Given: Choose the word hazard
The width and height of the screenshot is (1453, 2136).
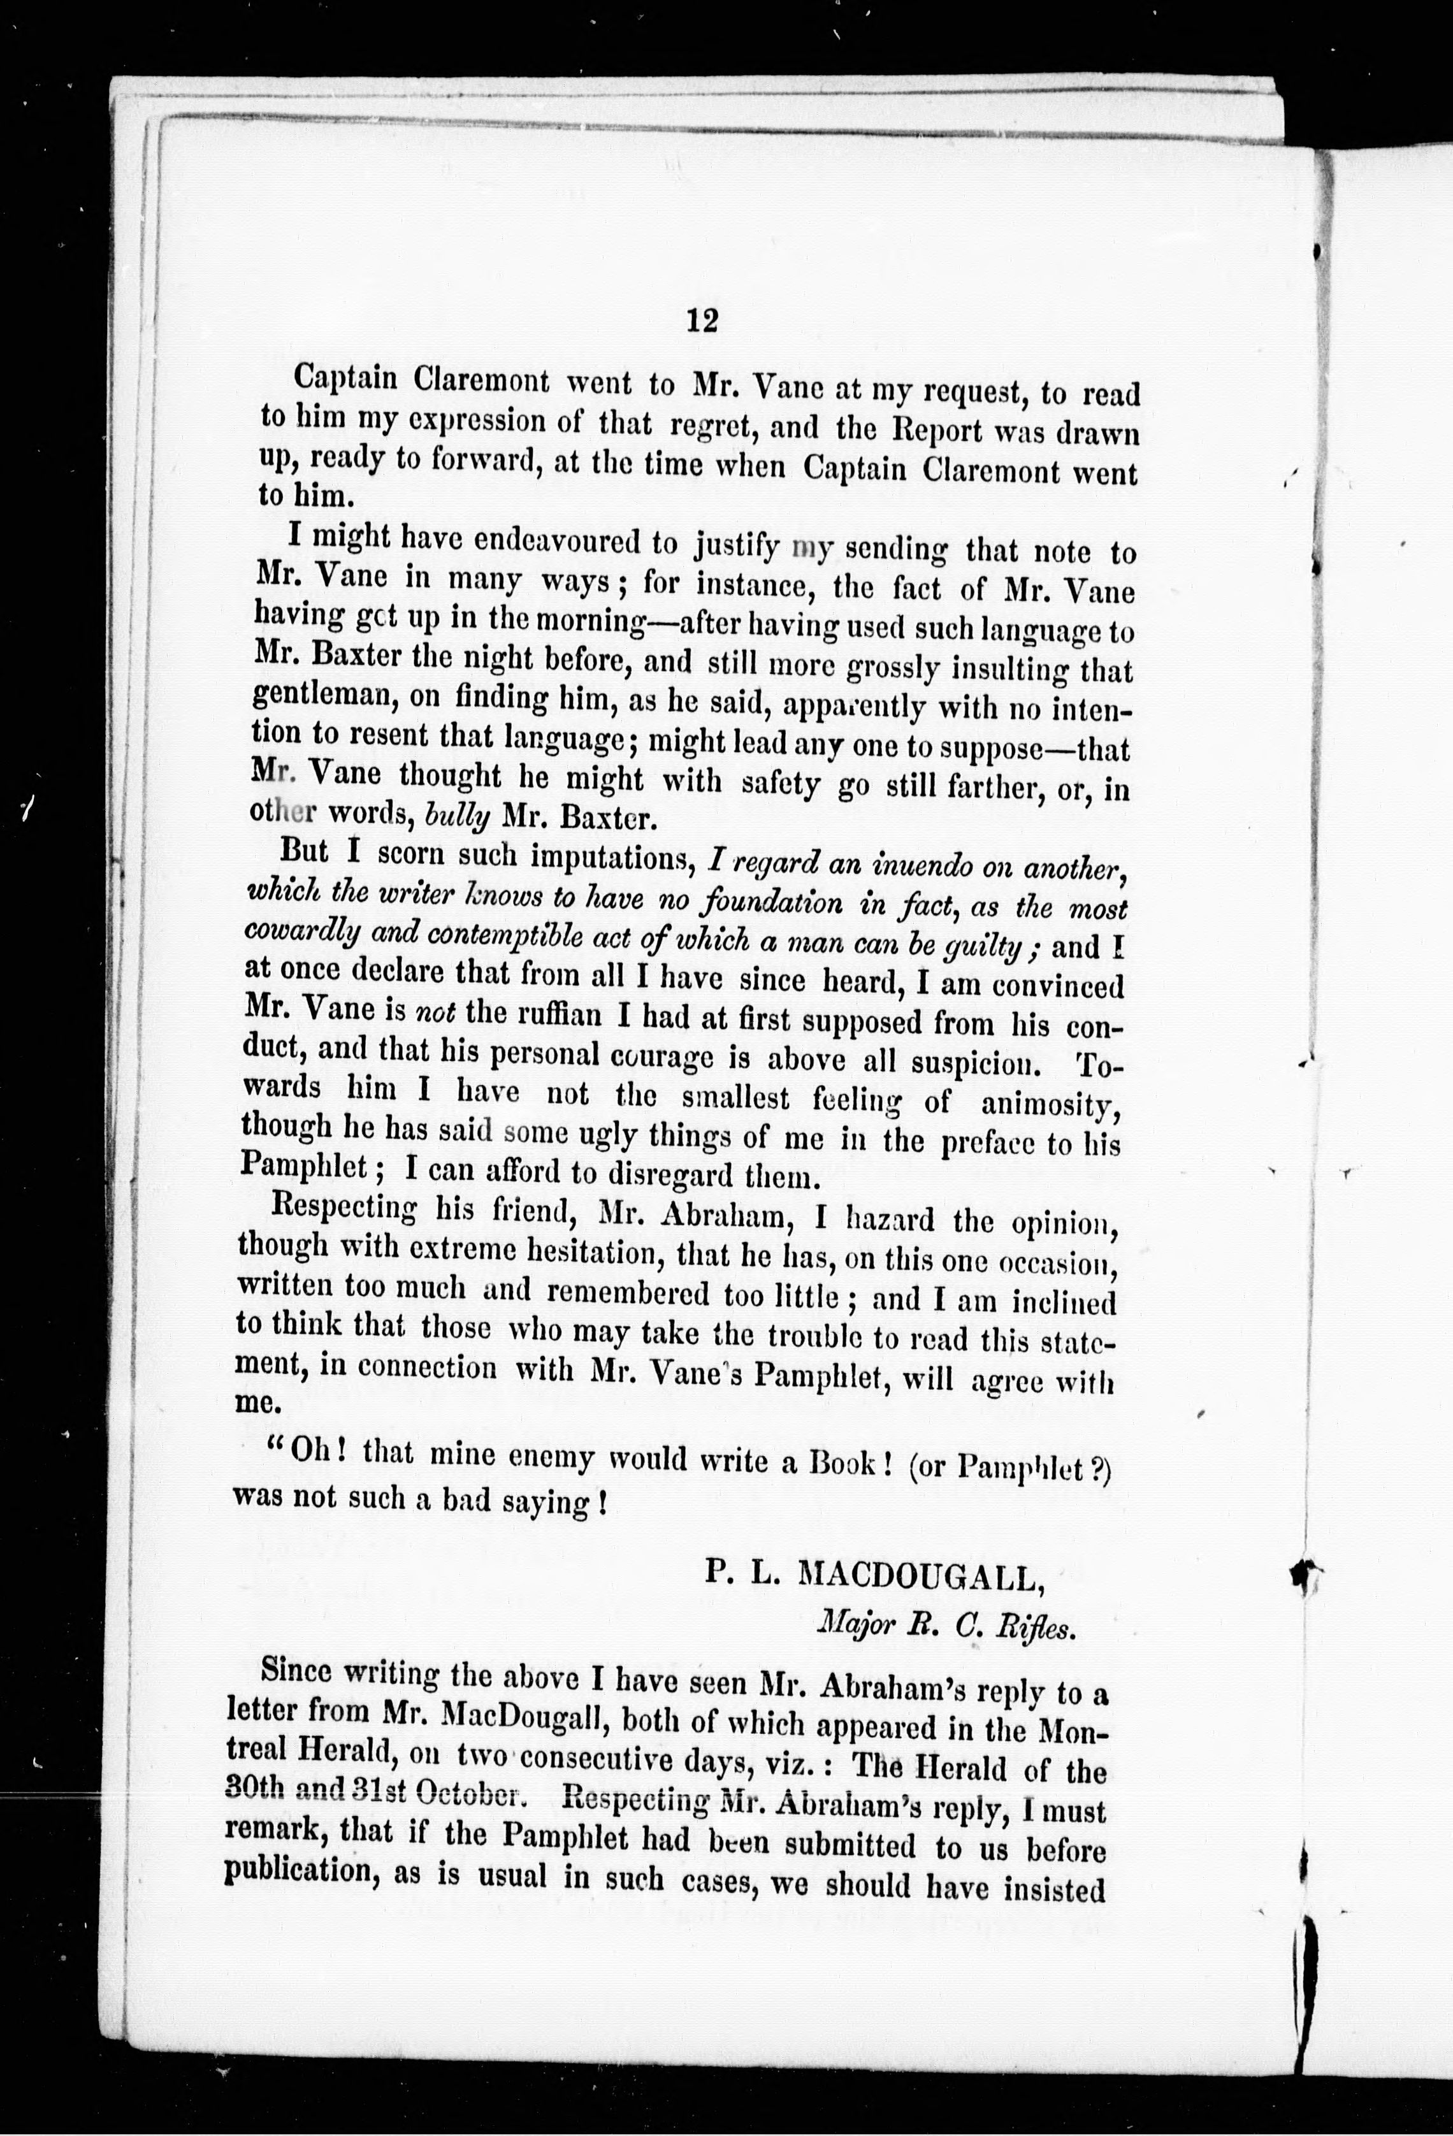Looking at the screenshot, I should click(883, 1220).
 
